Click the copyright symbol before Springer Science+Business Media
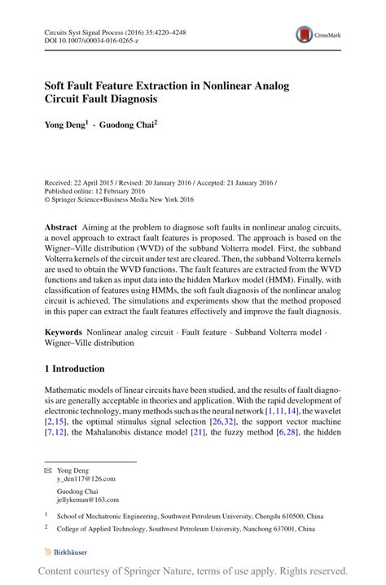tap(47, 198)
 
